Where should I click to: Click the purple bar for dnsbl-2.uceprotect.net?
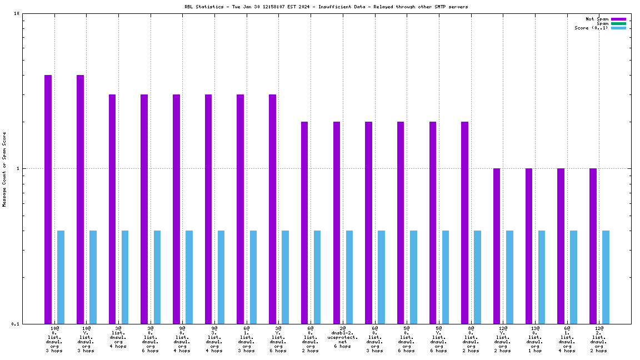pos(337,222)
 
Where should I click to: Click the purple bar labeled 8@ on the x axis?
pos(465,222)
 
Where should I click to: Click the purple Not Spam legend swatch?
pos(618,19)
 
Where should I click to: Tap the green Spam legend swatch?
pos(618,23)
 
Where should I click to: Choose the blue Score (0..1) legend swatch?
pos(618,28)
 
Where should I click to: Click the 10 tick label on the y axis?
pos(16,14)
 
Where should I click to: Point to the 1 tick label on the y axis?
pos(18,168)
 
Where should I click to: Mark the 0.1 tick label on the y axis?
pos(15,324)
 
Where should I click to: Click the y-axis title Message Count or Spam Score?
pos(4,169)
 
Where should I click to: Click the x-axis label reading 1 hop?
pos(535,351)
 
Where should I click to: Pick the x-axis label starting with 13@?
pos(535,328)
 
